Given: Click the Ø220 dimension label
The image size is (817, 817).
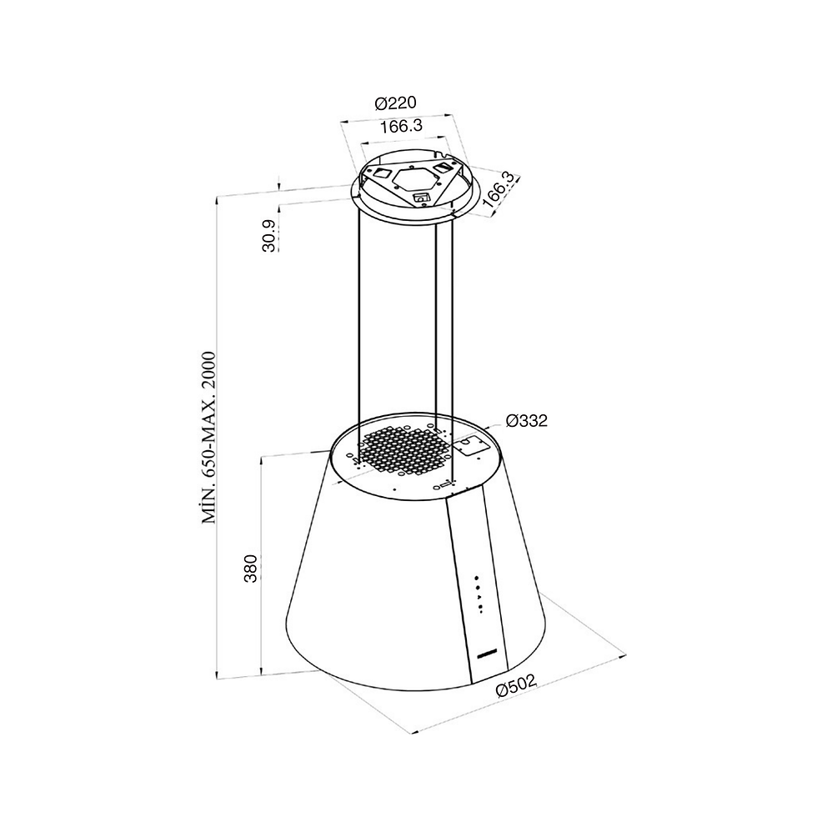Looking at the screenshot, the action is click(396, 103).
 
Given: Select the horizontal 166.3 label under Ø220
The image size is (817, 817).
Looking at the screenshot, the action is click(400, 127).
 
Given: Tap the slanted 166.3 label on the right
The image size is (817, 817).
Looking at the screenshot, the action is click(501, 190).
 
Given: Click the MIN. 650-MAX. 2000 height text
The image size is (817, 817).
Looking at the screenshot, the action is click(208, 437).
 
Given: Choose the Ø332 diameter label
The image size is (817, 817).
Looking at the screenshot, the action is click(527, 420).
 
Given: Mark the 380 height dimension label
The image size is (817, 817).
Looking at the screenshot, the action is click(251, 569).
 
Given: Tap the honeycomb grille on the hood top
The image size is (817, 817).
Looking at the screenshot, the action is click(403, 449).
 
